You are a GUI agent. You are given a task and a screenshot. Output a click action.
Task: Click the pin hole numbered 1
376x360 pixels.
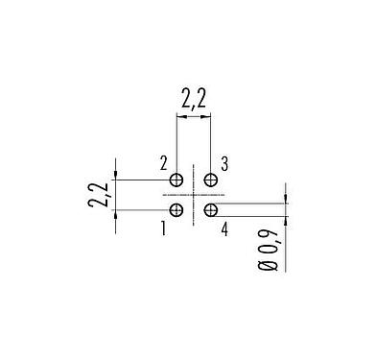click(x=176, y=209)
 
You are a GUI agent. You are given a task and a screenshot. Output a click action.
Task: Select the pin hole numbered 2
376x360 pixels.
click(x=176, y=180)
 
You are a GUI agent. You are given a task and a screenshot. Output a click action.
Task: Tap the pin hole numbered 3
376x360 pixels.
click(x=210, y=180)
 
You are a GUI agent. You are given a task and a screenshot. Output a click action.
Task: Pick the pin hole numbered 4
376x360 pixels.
click(x=210, y=209)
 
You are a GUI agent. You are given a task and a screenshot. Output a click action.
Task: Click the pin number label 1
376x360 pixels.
click(x=163, y=228)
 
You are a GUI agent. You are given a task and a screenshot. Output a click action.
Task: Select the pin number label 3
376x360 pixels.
click(x=223, y=164)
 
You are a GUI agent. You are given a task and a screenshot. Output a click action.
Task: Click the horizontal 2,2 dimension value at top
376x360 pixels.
click(x=194, y=97)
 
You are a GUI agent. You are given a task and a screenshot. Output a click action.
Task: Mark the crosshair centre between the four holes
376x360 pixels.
click(x=194, y=195)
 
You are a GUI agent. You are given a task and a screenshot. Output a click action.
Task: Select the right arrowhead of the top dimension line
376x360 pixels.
click(x=206, y=117)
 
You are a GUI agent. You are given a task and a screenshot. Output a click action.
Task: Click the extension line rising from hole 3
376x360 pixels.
click(x=210, y=144)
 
